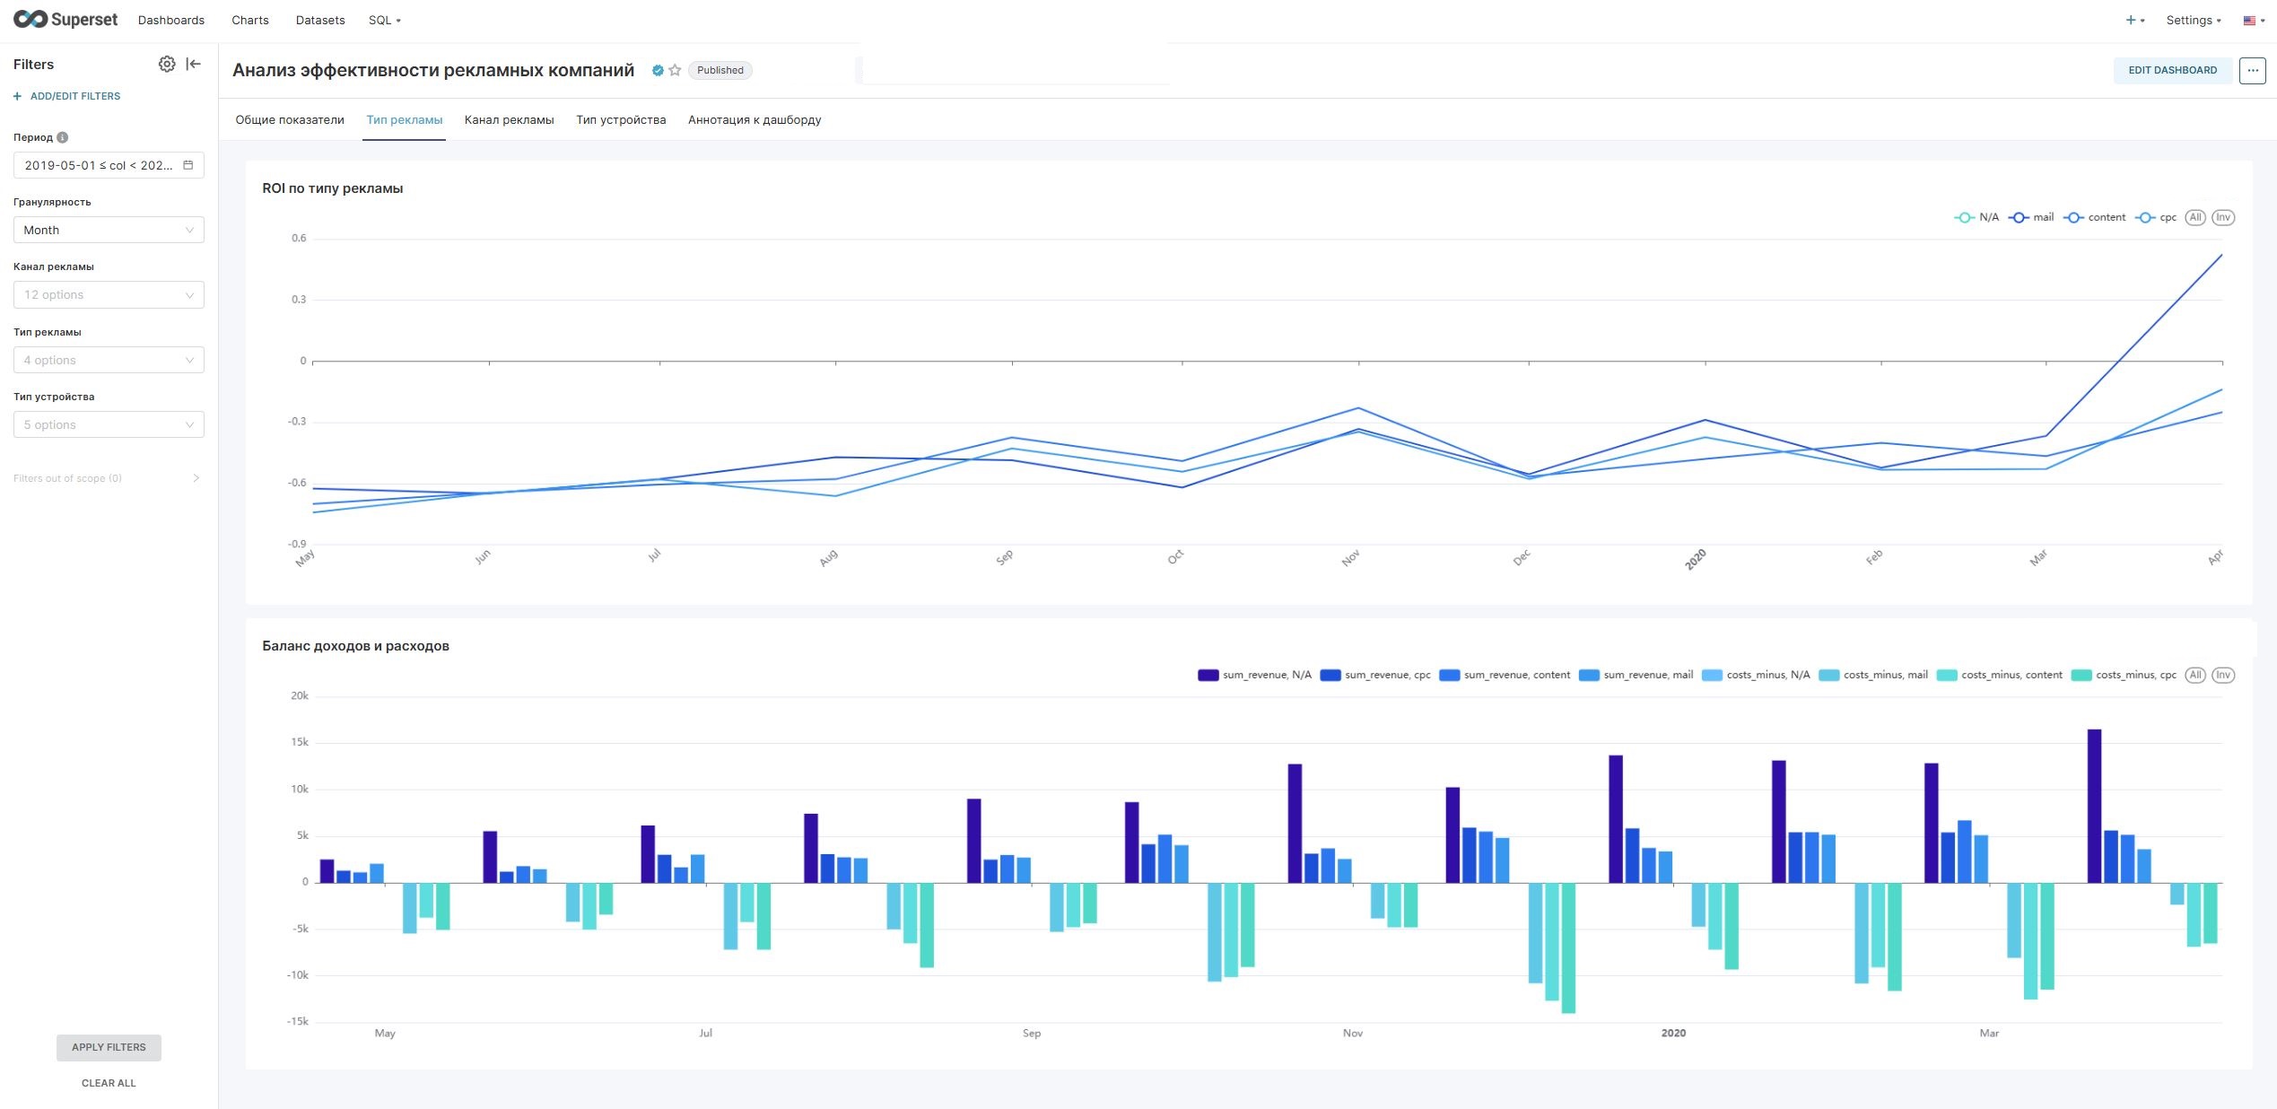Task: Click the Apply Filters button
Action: [x=109, y=1047]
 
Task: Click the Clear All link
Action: [x=109, y=1083]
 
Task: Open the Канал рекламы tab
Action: [x=509, y=119]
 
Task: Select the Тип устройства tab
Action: [x=621, y=119]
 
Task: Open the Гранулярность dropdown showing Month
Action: [x=109, y=230]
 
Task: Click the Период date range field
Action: [x=109, y=165]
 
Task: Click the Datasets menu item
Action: [x=320, y=20]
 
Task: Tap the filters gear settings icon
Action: [x=167, y=64]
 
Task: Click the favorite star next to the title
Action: [x=675, y=70]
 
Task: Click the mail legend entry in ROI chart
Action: [x=2031, y=217]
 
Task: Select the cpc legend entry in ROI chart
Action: [x=2156, y=217]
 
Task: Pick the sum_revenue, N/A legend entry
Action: [x=1254, y=675]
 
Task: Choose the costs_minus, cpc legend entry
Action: [x=2124, y=675]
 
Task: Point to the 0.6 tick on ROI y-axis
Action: [x=299, y=238]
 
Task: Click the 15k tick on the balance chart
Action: [x=300, y=742]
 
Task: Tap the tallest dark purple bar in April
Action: [x=2094, y=806]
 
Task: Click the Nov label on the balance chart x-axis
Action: [x=1353, y=1033]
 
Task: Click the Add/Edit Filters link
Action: [x=67, y=96]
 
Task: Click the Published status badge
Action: [x=720, y=70]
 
